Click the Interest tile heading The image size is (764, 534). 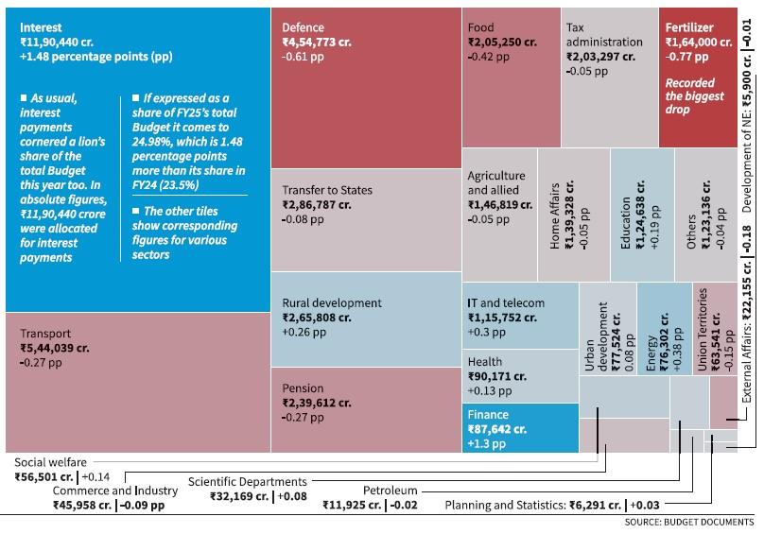click(x=41, y=28)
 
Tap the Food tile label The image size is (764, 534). click(x=480, y=27)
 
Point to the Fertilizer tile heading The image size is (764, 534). click(x=689, y=27)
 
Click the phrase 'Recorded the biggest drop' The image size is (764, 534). click(x=695, y=96)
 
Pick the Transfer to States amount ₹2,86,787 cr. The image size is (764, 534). click(x=316, y=204)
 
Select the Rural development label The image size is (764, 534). click(x=331, y=303)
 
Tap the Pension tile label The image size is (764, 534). click(x=303, y=388)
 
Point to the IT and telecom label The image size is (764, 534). click(x=506, y=303)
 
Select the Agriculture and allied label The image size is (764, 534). click(x=496, y=182)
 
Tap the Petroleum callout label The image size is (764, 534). click(x=389, y=491)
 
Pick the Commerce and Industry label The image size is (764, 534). click(x=114, y=491)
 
